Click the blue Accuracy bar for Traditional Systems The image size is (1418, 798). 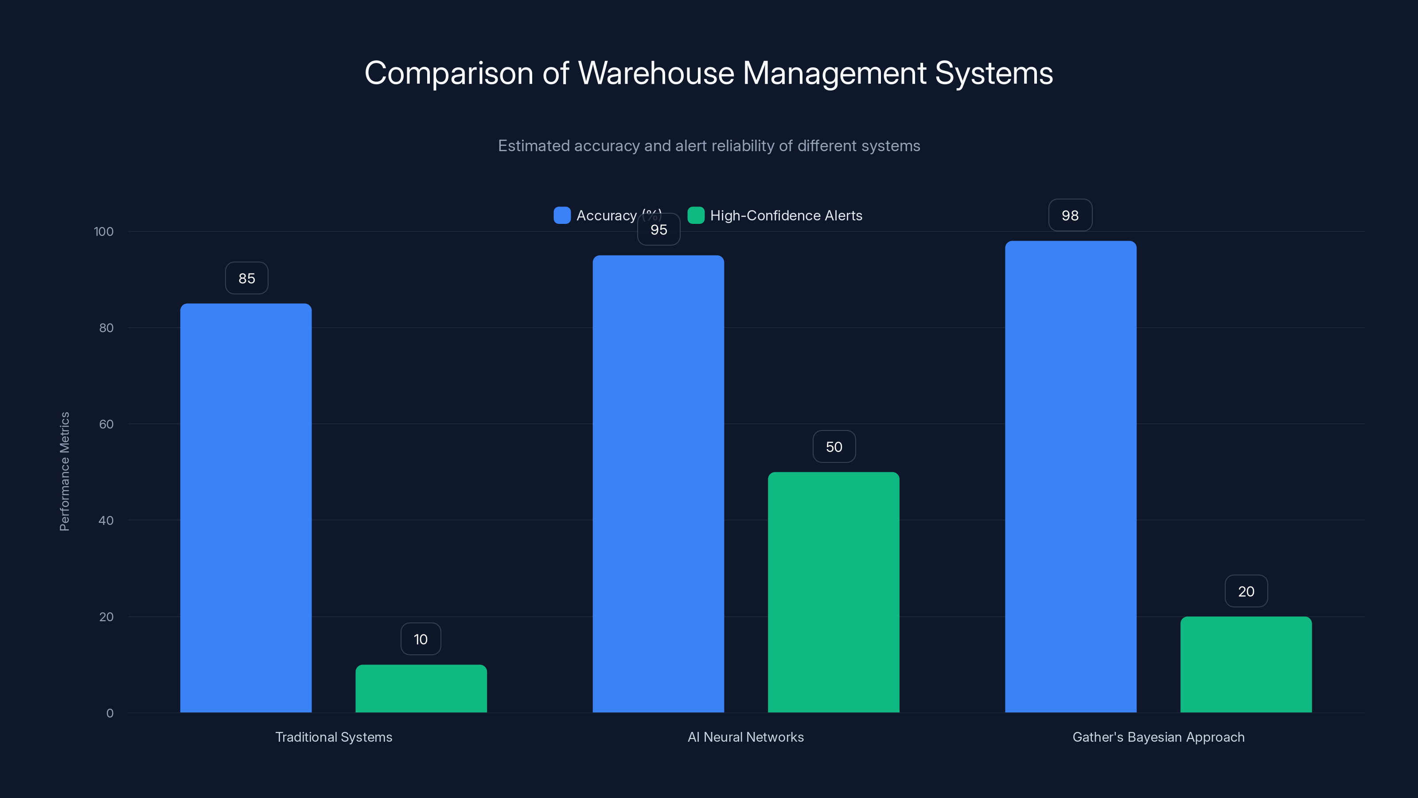click(x=245, y=507)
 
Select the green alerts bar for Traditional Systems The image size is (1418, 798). click(x=421, y=688)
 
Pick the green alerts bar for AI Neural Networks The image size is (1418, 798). click(x=834, y=592)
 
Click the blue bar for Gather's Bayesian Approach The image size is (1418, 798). click(x=1070, y=477)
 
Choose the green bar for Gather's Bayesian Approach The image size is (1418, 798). click(x=1246, y=664)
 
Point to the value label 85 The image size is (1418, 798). click(x=247, y=278)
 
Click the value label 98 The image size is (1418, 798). click(x=1070, y=215)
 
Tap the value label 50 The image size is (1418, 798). click(x=834, y=446)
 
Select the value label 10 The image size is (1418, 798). click(x=421, y=639)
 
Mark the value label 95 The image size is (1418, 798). click(x=658, y=230)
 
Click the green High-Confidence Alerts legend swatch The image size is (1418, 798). click(x=696, y=215)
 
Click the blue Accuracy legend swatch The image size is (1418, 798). click(x=561, y=215)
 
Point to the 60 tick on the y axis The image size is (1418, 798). click(x=106, y=424)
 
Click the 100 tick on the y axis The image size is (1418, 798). click(x=104, y=231)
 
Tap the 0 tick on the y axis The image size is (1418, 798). click(x=109, y=713)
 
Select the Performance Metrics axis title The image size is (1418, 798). click(x=64, y=471)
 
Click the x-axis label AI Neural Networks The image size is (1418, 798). click(x=745, y=737)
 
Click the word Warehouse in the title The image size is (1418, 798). click(x=656, y=73)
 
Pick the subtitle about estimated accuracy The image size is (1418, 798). click(x=709, y=146)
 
